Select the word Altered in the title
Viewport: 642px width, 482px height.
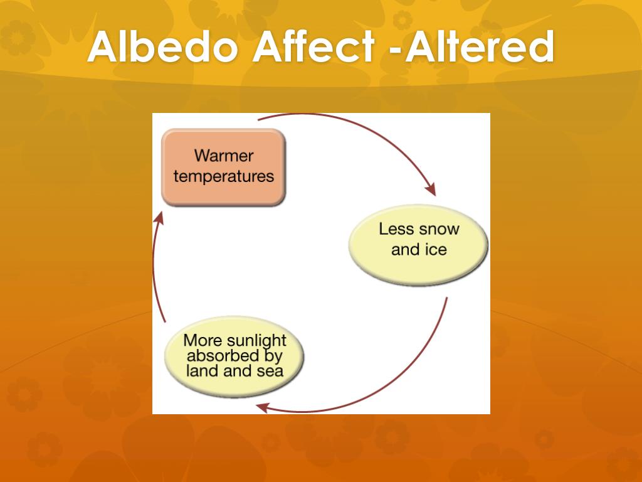click(480, 47)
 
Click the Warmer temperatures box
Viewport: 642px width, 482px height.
click(223, 166)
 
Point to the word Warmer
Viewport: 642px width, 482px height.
click(224, 156)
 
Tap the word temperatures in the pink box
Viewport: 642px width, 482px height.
click(224, 176)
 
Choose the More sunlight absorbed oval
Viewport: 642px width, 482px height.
click(234, 356)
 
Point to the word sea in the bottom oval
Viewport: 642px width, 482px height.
click(270, 371)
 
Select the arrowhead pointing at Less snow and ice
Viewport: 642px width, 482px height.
click(430, 190)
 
